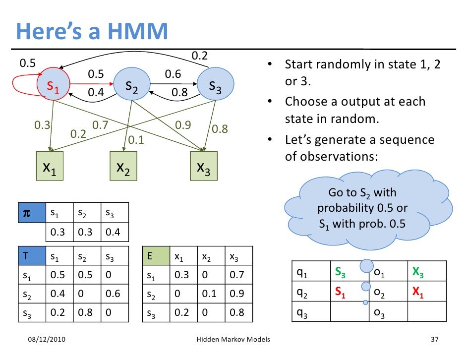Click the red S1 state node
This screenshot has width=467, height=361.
click(x=53, y=87)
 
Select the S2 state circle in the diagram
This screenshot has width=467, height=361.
click(x=131, y=86)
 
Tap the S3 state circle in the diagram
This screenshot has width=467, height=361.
click(x=215, y=86)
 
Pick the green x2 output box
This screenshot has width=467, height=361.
click(x=123, y=167)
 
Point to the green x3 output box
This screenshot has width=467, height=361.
click(x=203, y=167)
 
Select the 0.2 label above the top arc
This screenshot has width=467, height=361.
click(x=199, y=56)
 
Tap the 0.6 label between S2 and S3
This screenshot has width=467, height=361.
click(x=173, y=74)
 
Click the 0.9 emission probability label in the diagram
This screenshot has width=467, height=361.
click(x=183, y=125)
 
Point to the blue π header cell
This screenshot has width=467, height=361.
click(x=31, y=213)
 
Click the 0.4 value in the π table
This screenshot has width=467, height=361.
click(x=114, y=232)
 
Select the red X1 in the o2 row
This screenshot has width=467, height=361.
click(x=418, y=294)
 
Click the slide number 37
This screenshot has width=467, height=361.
click(x=435, y=340)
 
